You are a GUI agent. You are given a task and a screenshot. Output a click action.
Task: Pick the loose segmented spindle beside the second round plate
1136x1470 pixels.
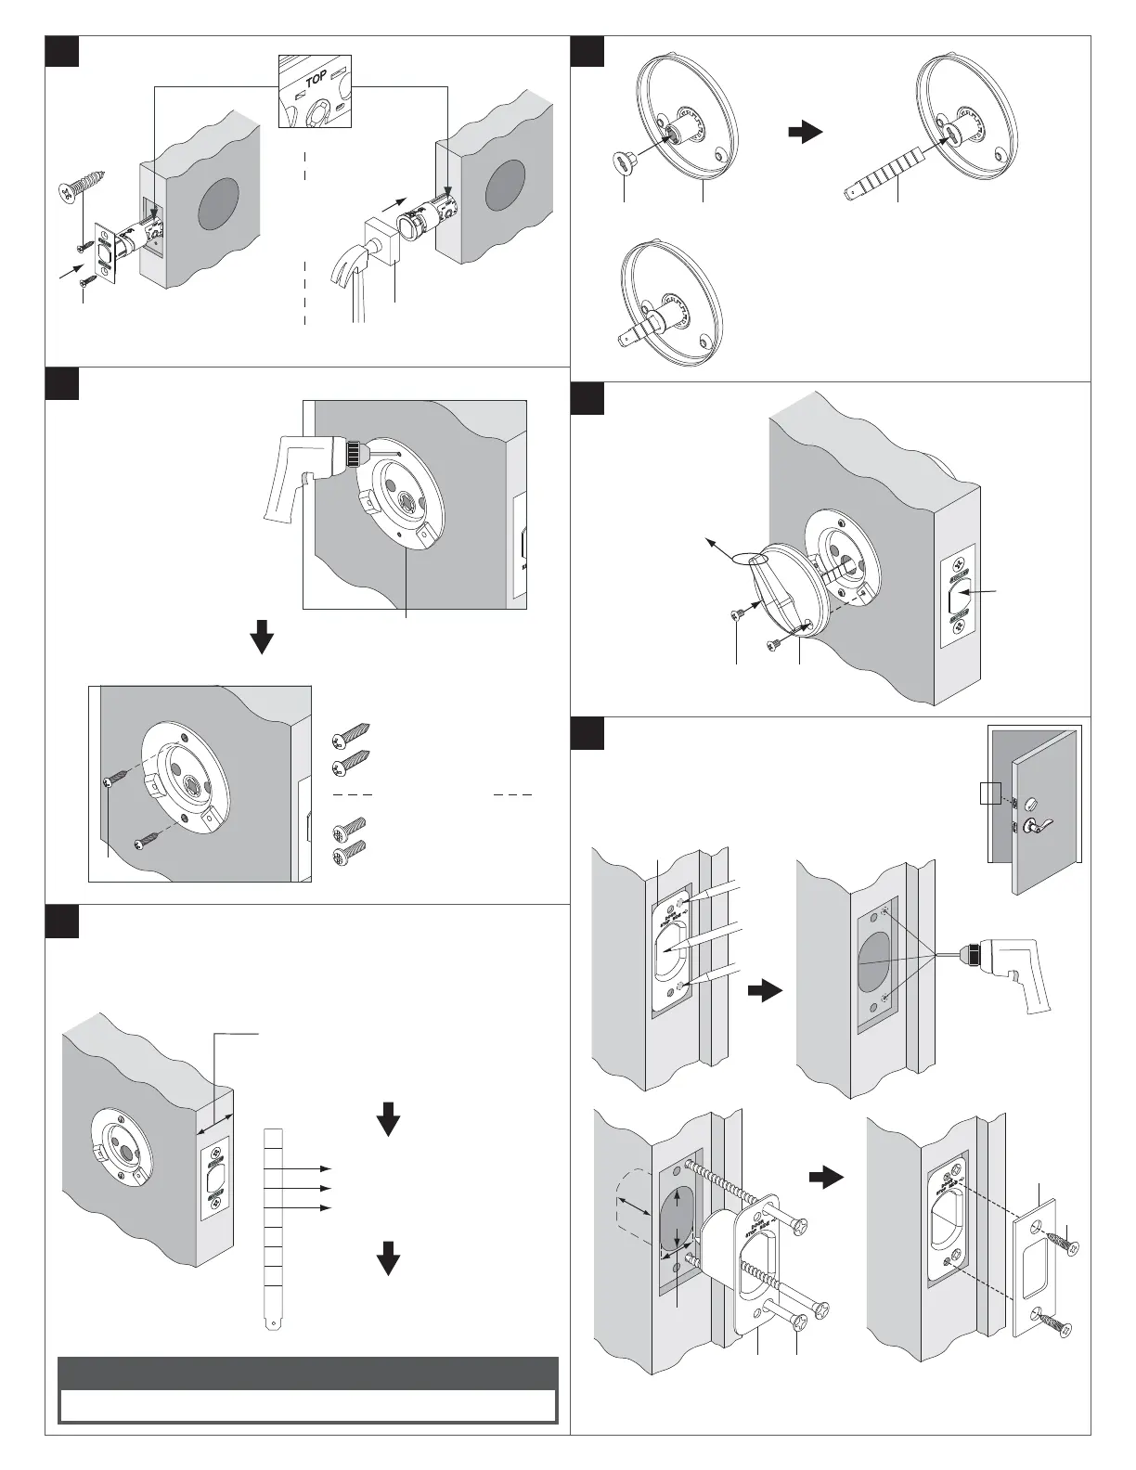[x=882, y=174]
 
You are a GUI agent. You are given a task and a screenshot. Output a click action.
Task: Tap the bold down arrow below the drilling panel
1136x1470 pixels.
[x=263, y=637]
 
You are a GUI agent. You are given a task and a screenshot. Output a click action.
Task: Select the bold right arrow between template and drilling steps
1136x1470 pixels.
[x=764, y=991]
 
